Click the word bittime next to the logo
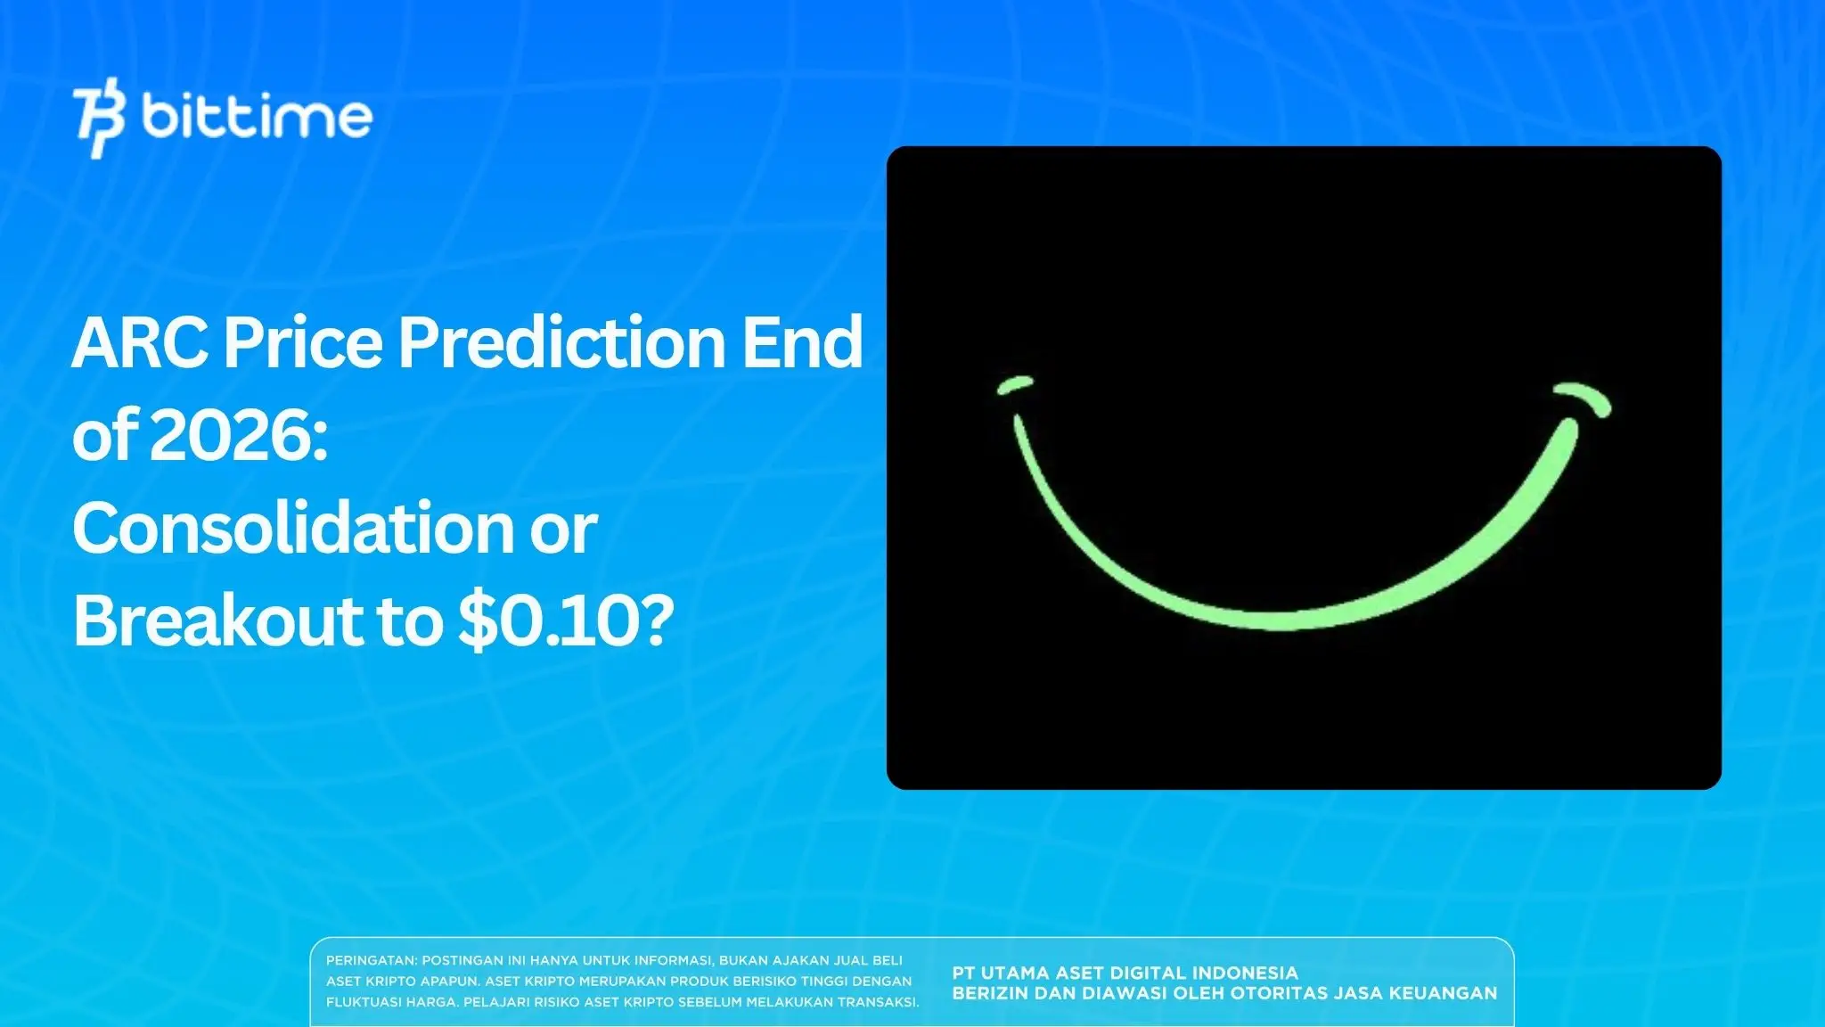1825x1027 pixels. click(257, 117)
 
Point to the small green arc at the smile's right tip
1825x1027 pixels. click(1584, 398)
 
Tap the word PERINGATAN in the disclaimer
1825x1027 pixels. click(371, 960)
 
